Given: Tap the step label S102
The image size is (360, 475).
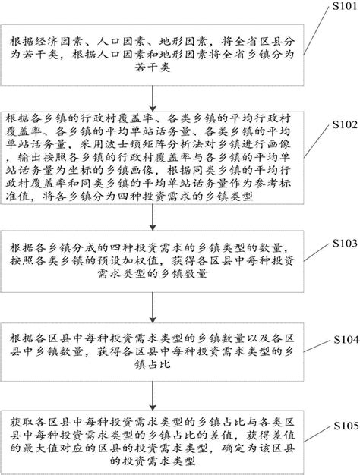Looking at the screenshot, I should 335,123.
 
